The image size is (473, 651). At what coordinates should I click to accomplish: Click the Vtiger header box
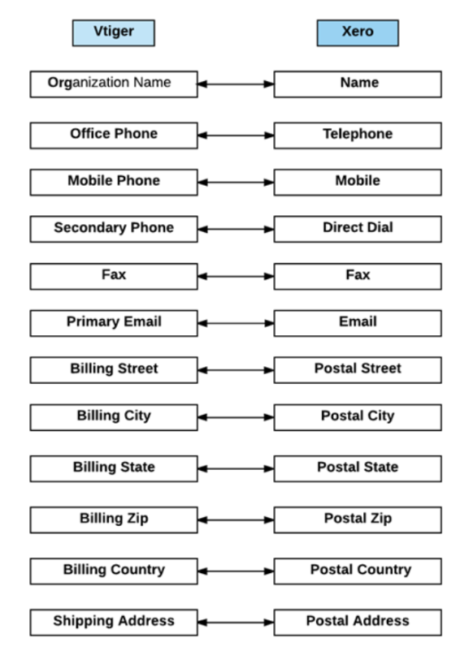point(114,32)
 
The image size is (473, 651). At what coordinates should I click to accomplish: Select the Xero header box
point(358,32)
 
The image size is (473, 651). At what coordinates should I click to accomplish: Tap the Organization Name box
point(114,84)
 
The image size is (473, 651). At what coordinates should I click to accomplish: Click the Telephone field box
point(358,136)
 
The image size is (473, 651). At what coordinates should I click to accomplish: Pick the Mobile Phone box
point(114,183)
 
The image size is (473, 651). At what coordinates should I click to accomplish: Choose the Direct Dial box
point(358,229)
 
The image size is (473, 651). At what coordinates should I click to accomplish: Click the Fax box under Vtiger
point(114,276)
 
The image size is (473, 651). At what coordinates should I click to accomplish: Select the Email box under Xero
point(358,323)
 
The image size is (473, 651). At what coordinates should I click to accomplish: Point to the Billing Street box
point(114,370)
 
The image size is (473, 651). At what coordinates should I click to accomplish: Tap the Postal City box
point(358,417)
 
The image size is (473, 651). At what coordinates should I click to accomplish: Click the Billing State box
point(114,468)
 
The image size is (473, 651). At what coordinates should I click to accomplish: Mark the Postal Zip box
point(358,520)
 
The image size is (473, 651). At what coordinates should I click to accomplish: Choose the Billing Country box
point(114,571)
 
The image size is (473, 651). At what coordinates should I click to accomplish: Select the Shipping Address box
point(114,623)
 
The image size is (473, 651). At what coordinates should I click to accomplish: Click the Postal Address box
point(358,623)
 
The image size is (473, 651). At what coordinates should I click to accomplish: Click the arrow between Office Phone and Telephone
point(236,136)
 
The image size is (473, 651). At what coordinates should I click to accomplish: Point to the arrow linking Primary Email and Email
point(236,323)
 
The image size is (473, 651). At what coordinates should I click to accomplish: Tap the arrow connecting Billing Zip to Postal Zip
point(236,520)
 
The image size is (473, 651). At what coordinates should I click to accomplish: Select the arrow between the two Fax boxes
point(236,276)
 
